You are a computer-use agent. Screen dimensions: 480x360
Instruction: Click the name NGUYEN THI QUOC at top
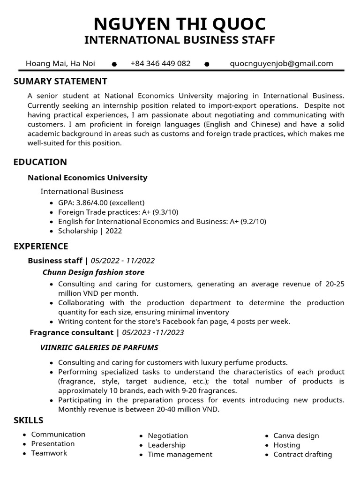[180, 23]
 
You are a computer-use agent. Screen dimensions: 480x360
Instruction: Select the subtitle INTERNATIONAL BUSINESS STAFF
[180, 40]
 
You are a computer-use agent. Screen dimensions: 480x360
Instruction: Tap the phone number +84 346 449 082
[160, 64]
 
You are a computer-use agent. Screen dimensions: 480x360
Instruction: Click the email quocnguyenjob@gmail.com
[281, 64]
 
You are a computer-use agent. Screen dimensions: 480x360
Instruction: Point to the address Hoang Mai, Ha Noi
[60, 64]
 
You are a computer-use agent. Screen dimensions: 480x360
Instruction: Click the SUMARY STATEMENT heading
[60, 82]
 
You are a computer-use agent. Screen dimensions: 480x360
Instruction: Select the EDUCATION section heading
[40, 162]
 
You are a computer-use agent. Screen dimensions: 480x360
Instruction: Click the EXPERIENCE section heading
[41, 247]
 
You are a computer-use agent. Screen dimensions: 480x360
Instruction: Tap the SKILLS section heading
[29, 420]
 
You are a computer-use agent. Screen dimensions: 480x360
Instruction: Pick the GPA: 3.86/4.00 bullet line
[101, 203]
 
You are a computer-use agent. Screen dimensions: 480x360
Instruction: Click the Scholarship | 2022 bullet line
[90, 231]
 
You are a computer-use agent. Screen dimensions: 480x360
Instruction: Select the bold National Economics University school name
[88, 178]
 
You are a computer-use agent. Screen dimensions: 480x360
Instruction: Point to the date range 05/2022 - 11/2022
[123, 261]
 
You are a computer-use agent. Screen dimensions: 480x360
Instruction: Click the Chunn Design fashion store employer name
[93, 272]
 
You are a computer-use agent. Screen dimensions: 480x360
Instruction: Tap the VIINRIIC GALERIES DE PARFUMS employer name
[99, 348]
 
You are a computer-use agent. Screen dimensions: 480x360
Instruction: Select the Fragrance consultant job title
[71, 333]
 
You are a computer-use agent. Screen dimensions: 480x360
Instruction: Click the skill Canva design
[296, 435]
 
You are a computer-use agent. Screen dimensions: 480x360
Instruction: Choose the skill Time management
[180, 454]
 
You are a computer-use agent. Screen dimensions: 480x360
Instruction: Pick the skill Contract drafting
[302, 454]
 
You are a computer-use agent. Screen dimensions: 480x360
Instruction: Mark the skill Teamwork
[49, 453]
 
